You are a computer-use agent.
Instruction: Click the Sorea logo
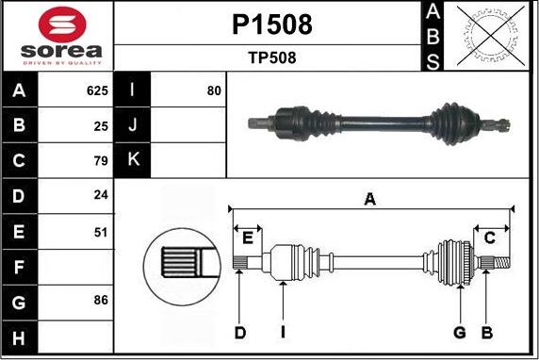57,36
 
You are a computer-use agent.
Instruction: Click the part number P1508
271,25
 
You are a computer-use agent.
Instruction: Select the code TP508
271,57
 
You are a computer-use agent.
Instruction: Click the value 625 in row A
97,91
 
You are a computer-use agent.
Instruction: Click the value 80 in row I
214,91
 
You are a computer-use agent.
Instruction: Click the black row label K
133,160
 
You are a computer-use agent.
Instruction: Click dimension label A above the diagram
370,198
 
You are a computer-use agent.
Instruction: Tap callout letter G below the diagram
460,332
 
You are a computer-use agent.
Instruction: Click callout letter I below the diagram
283,332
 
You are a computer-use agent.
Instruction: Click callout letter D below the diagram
240,332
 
